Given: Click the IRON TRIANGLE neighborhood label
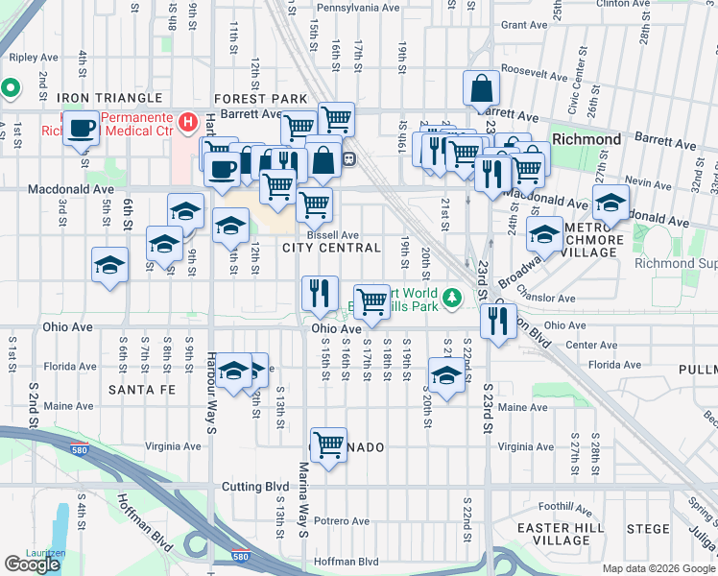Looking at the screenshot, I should point(108,99).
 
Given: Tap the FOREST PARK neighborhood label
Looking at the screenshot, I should point(260,99).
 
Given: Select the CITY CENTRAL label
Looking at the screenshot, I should point(332,249).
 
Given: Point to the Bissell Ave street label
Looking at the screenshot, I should point(333,234).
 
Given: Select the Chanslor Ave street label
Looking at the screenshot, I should point(544,287).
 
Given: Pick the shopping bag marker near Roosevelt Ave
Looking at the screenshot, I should point(481,89).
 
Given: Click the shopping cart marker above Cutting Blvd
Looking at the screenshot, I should point(329,444).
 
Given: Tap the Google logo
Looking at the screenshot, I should point(33,564).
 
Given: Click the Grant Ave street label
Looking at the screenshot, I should point(523,25).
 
